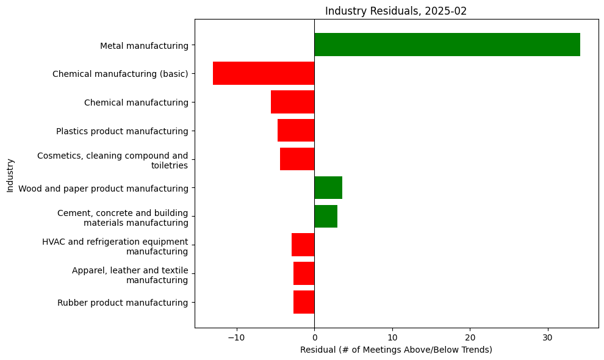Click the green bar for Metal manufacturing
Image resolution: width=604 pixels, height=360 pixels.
447,45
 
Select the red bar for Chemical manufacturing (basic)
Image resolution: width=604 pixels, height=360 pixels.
264,73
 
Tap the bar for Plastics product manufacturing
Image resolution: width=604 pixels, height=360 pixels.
296,131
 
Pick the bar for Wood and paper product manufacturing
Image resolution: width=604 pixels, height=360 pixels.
328,187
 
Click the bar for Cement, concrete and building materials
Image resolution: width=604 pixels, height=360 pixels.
326,216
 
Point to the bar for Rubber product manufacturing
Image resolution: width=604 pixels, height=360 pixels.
304,302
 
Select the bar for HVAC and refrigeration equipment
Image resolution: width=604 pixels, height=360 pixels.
303,245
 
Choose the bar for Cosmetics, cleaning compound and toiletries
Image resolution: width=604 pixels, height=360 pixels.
297,159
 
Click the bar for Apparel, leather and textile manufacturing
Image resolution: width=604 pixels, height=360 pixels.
304,273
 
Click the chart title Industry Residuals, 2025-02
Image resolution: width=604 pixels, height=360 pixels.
396,11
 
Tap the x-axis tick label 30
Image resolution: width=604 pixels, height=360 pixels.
548,337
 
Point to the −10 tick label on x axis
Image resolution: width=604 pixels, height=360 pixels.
236,337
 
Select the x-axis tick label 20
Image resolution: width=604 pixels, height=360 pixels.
470,337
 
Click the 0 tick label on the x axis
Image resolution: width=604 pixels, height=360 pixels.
314,337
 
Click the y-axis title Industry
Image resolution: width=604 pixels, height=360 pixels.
10,175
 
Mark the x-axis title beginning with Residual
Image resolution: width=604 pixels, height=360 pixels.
396,350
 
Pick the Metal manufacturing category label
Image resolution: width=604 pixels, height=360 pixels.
144,45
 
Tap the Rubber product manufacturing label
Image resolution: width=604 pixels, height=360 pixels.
123,303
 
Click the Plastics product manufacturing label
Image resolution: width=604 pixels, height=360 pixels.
122,131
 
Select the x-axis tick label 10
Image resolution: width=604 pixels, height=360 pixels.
392,337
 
